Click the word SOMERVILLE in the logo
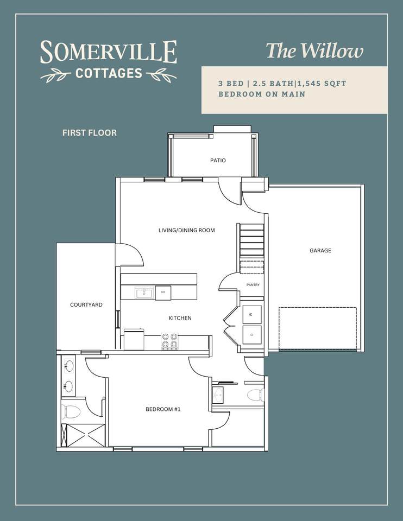[x=109, y=52]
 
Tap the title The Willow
[x=314, y=51]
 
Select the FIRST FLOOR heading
[x=90, y=133]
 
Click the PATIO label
[x=218, y=161]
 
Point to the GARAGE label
[x=320, y=251]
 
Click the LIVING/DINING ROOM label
[x=186, y=230]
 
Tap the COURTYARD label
[x=86, y=304]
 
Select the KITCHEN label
[x=180, y=318]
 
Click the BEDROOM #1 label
[x=163, y=409]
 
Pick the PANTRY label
[x=253, y=285]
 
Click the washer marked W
[x=251, y=314]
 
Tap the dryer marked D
[x=251, y=335]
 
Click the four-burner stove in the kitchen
[x=169, y=341]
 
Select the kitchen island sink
[x=144, y=293]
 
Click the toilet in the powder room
[x=255, y=395]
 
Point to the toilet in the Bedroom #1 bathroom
[x=71, y=412]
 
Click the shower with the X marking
[x=83, y=435]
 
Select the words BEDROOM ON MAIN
[x=262, y=94]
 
